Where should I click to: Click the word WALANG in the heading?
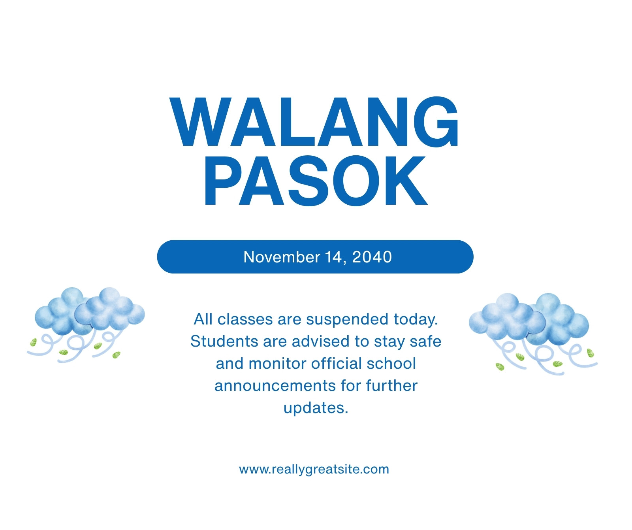tap(314, 122)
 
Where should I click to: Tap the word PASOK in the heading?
tap(316, 181)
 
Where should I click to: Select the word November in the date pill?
tap(282, 257)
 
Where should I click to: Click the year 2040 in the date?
tap(372, 257)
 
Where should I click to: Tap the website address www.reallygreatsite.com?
tap(314, 470)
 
